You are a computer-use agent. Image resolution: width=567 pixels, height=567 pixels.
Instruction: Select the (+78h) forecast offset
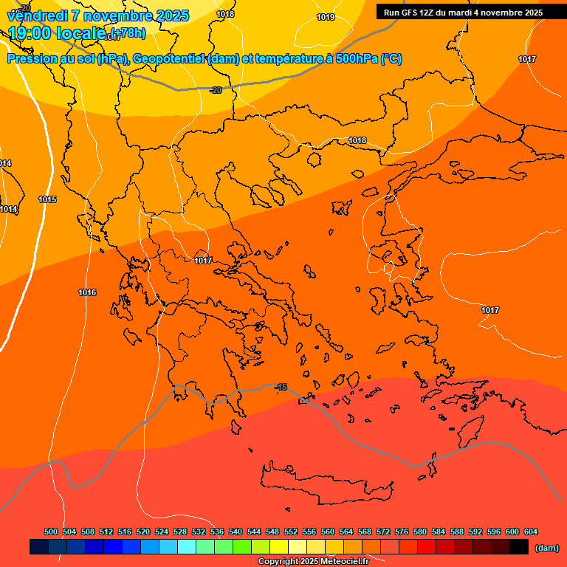[x=128, y=33]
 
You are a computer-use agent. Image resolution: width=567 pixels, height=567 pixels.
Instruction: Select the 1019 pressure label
[x=325, y=17]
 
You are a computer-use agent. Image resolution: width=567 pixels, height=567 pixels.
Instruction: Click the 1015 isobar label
[x=47, y=199]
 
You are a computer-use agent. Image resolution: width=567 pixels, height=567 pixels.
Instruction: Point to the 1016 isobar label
[x=87, y=293]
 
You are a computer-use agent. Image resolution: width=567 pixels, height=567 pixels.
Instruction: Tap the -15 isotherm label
[x=281, y=387]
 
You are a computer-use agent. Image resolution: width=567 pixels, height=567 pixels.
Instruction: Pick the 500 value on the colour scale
[x=51, y=532]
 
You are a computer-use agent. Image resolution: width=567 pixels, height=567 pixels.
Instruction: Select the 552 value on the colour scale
[x=291, y=532]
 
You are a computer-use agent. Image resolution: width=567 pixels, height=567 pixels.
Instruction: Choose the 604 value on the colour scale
[x=531, y=532]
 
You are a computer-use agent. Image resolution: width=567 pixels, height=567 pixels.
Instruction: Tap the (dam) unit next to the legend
[x=546, y=547]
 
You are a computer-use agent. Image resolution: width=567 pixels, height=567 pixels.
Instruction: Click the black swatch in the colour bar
[x=518, y=547]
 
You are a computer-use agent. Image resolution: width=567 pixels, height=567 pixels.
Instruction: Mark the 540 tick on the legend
[x=236, y=532]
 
